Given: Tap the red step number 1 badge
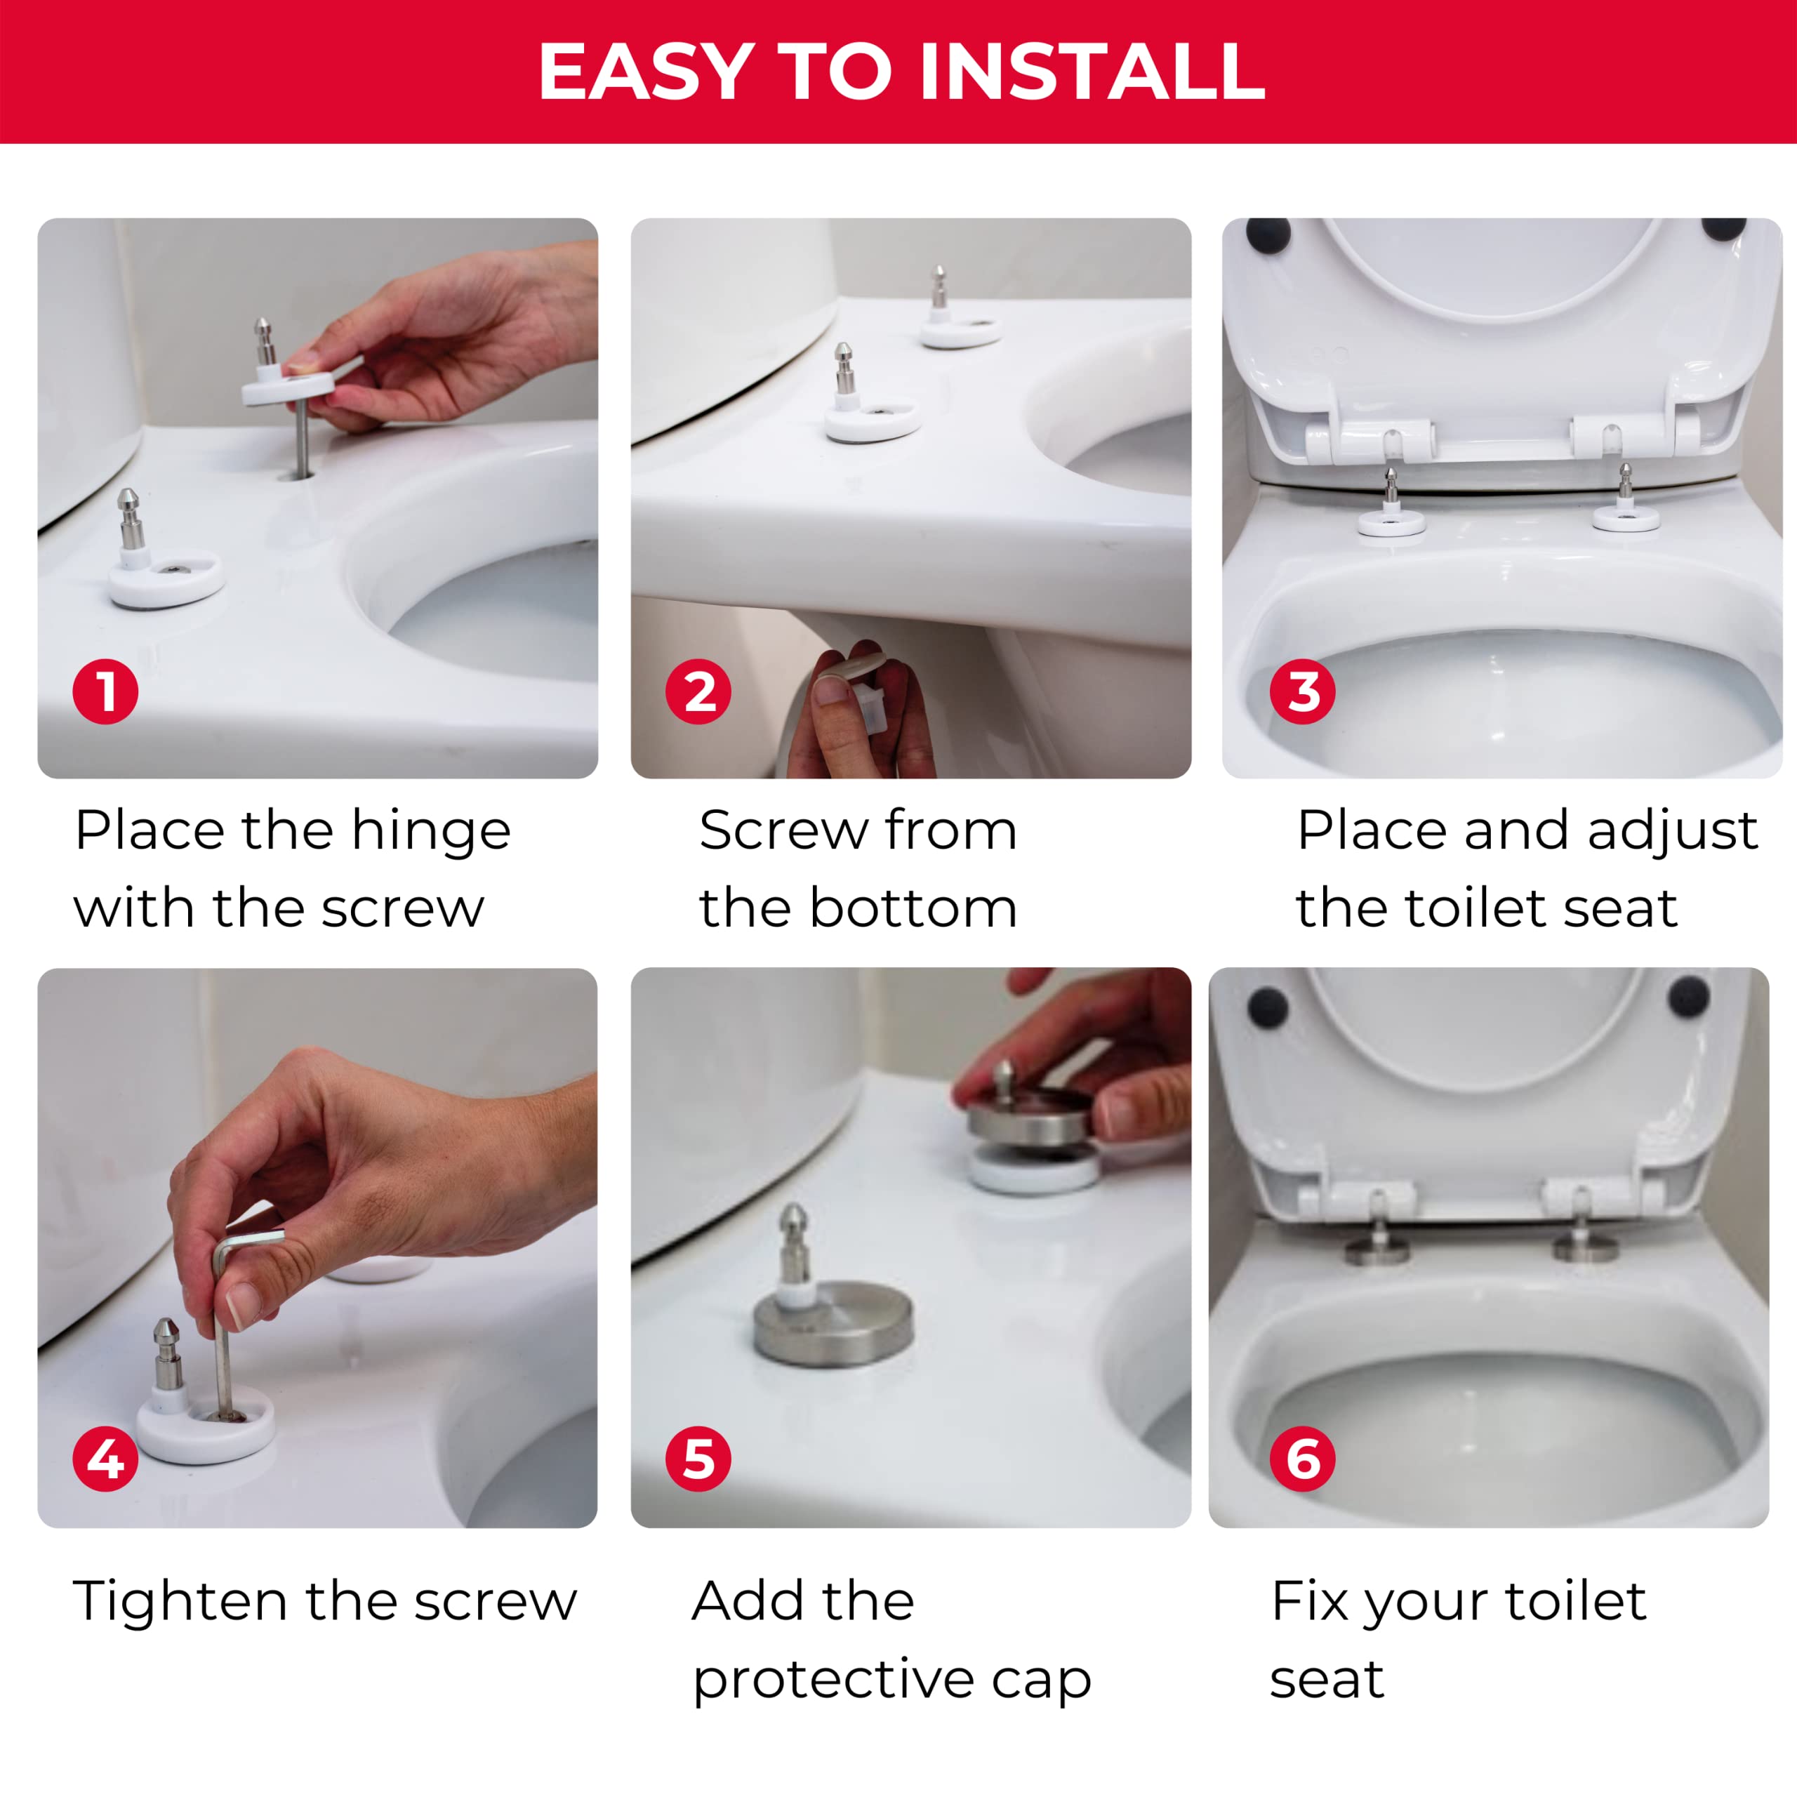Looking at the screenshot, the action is (x=106, y=692).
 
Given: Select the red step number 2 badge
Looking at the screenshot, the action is (x=698, y=692).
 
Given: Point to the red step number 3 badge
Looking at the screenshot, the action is (x=1303, y=692).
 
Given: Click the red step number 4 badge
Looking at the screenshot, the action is (x=106, y=1459).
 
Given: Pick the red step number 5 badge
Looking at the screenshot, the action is (x=698, y=1459).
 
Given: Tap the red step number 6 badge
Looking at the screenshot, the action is (x=1303, y=1459).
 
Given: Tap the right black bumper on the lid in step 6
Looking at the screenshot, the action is (x=1688, y=995).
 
